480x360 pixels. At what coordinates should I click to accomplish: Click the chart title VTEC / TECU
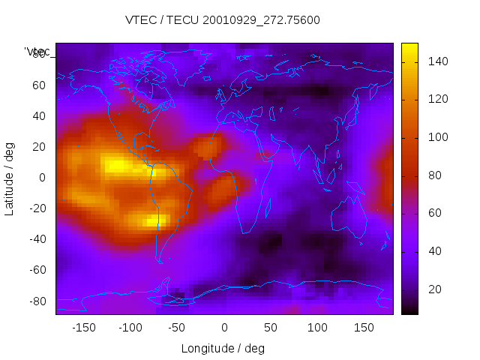pos(223,20)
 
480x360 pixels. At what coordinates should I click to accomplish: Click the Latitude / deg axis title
pos(10,177)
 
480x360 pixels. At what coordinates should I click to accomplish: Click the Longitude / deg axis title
pos(223,349)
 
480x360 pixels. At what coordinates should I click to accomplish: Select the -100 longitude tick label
pos(130,328)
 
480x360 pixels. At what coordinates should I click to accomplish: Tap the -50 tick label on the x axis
pos(177,328)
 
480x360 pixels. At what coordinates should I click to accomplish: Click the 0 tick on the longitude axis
pos(224,328)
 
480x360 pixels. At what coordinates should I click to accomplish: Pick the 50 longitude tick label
pos(271,328)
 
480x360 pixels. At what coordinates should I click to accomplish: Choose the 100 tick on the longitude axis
pos(317,328)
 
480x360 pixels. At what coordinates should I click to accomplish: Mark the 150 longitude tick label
pos(364,328)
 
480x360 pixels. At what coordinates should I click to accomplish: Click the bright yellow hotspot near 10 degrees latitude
pos(116,164)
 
